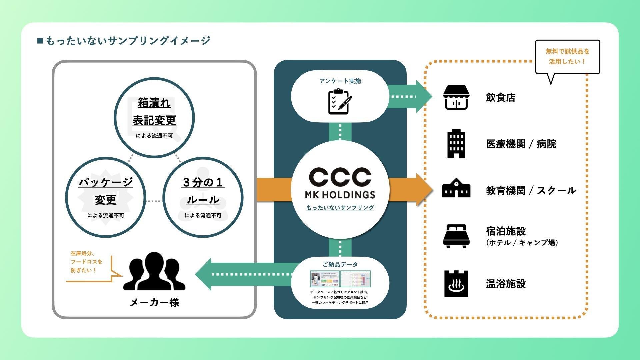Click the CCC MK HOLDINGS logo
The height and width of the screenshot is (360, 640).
(x=340, y=183)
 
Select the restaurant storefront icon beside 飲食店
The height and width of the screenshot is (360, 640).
(x=456, y=97)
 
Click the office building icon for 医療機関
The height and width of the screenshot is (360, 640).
(x=456, y=144)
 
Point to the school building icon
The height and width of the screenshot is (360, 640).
(x=456, y=189)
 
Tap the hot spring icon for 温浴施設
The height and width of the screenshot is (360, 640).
(x=456, y=284)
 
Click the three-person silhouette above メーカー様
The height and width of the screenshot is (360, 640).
(x=154, y=272)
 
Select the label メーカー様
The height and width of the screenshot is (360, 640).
(x=154, y=302)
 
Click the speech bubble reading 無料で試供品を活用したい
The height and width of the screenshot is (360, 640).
(x=567, y=57)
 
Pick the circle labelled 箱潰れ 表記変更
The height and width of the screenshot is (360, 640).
(x=154, y=117)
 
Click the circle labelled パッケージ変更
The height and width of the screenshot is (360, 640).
(x=106, y=197)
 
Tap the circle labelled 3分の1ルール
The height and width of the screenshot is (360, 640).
(x=203, y=197)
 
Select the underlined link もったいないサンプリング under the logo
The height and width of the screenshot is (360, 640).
(x=340, y=208)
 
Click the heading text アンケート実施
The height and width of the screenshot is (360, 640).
(x=340, y=81)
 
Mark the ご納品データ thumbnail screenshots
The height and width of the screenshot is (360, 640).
(x=340, y=279)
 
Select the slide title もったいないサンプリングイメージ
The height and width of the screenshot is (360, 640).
(x=128, y=41)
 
